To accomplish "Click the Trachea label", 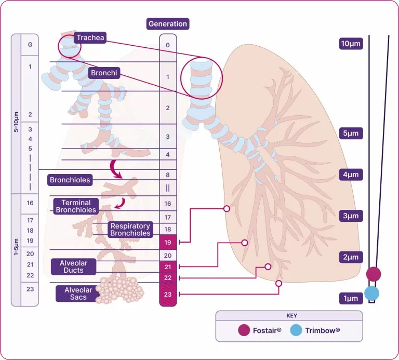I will (x=90, y=37).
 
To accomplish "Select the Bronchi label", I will (x=104, y=73).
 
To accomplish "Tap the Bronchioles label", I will (x=70, y=180).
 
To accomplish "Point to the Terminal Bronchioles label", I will (x=76, y=206).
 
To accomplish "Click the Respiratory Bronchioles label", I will (x=130, y=230).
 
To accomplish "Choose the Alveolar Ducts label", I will (x=73, y=267).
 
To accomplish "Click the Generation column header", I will (x=168, y=24).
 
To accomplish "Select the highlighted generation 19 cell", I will (x=168, y=242).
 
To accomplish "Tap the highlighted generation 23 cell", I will (x=168, y=295).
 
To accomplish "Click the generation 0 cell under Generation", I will (x=168, y=45).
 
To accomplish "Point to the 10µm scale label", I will (x=350, y=44).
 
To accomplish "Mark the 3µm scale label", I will (x=350, y=216).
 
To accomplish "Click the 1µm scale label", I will (x=350, y=298).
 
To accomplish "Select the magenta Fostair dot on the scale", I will (x=373, y=274).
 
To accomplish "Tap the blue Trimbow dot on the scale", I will (x=371, y=294).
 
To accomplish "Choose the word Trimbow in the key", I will (x=323, y=330).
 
